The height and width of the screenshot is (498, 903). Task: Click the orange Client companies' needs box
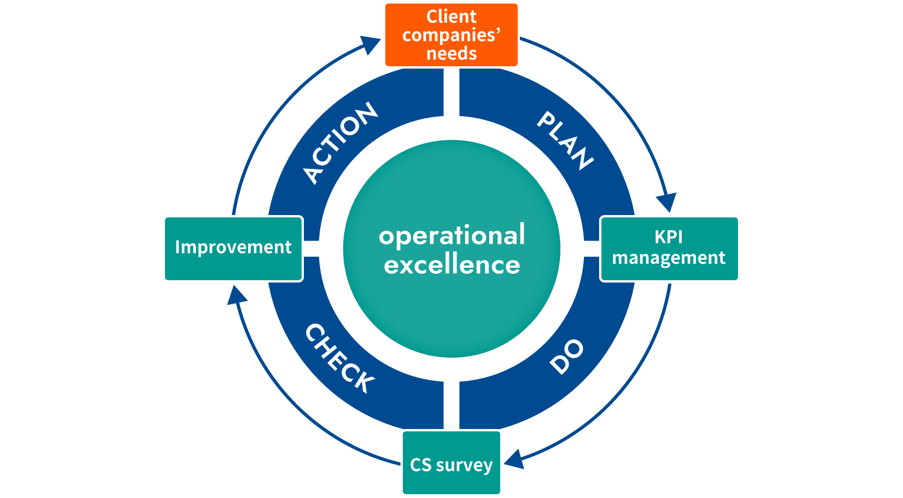point(452,35)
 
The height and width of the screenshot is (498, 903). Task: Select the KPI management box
point(669,249)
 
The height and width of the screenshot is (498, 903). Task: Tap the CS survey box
point(452,463)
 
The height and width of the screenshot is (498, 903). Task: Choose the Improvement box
point(233,249)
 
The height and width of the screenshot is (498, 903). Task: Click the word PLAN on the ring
point(565,141)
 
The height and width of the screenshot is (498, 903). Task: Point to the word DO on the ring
point(566,357)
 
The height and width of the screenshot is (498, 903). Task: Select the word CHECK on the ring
point(340,358)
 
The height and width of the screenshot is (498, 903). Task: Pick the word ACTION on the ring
point(340,142)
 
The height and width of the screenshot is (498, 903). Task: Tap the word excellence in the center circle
point(452,265)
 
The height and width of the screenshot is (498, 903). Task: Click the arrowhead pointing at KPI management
point(667,203)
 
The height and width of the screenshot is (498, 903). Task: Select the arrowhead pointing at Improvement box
point(237,295)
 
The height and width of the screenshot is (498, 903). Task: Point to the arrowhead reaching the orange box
point(372,45)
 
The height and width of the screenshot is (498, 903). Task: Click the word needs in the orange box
point(452,54)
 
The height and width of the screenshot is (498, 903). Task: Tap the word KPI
point(669,237)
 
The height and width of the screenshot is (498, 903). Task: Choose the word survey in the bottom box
point(464,465)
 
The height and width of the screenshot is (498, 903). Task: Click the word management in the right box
point(669,258)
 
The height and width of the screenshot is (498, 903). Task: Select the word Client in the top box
point(452,17)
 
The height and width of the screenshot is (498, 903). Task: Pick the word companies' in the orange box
point(452,35)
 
